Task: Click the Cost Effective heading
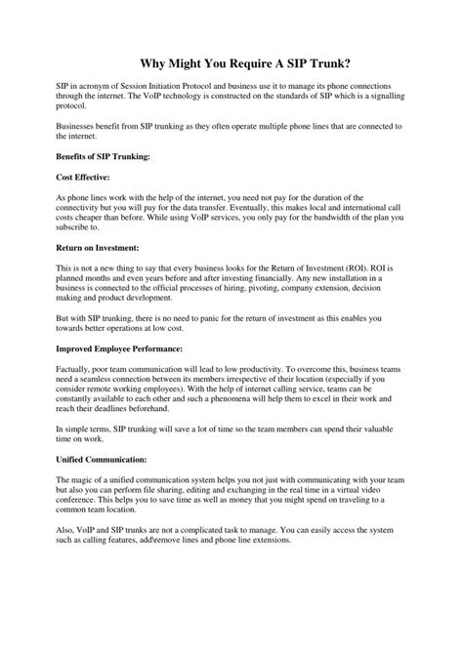(x=83, y=177)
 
